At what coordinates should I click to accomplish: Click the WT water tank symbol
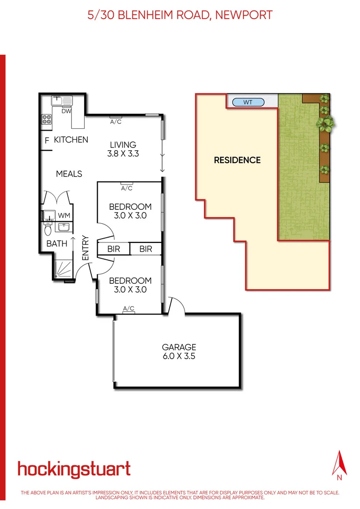248,102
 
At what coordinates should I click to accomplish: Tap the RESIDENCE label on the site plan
237,160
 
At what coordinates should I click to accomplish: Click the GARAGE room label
179,347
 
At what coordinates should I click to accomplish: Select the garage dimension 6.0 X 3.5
179,356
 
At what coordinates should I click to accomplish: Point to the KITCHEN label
71,140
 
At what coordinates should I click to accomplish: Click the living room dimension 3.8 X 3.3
123,154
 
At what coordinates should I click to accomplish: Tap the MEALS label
69,174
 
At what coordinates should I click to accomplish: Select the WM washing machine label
63,215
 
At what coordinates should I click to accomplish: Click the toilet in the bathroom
48,230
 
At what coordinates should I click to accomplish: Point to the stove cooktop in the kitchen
47,119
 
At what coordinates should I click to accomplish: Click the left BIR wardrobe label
113,249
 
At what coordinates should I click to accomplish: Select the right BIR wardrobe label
146,249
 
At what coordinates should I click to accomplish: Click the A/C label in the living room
116,122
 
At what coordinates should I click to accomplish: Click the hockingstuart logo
74,469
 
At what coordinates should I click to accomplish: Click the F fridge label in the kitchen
47,141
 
